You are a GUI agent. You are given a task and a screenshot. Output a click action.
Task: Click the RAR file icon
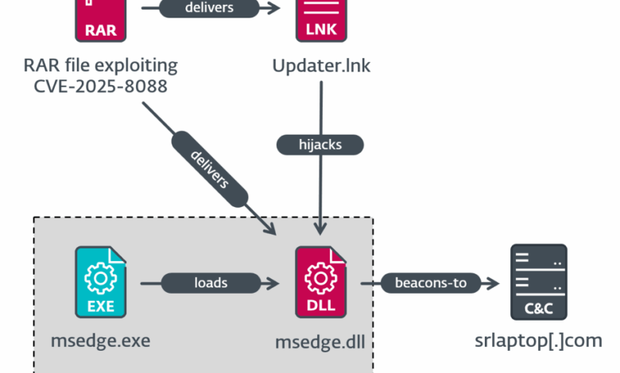(100, 21)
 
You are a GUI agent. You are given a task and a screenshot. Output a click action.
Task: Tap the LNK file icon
(320, 21)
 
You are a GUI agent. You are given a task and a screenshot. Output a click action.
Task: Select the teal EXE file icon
(100, 282)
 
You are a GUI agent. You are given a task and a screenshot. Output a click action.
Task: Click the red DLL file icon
(320, 282)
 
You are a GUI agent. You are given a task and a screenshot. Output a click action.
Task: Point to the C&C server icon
(537, 282)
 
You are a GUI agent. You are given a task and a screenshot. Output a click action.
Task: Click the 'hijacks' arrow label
(320, 144)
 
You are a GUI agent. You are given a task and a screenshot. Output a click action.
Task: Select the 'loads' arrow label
(211, 283)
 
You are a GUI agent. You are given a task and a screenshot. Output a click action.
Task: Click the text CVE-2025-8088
(100, 87)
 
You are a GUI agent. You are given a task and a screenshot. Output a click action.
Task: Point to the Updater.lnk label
(320, 65)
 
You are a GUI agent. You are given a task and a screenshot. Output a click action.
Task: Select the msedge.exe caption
(100, 341)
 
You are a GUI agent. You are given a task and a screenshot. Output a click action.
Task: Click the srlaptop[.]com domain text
(537, 341)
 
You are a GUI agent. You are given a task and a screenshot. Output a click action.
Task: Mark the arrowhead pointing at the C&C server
(494, 283)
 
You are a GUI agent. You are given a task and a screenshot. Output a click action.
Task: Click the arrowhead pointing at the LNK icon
(276, 9)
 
